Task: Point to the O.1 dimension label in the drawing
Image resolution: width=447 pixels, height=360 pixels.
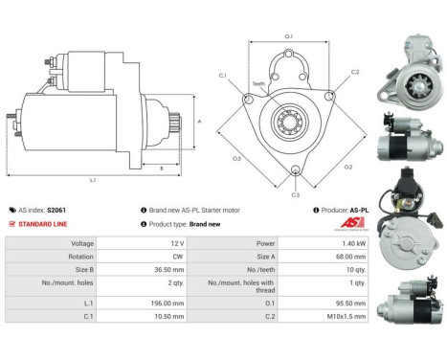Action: pyautogui.click(x=289, y=37)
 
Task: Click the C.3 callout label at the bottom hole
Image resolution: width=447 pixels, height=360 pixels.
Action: pyautogui.click(x=296, y=194)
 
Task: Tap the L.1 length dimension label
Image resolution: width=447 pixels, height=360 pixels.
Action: pyautogui.click(x=92, y=180)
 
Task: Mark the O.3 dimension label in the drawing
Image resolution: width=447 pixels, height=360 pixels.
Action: pyautogui.click(x=236, y=158)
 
